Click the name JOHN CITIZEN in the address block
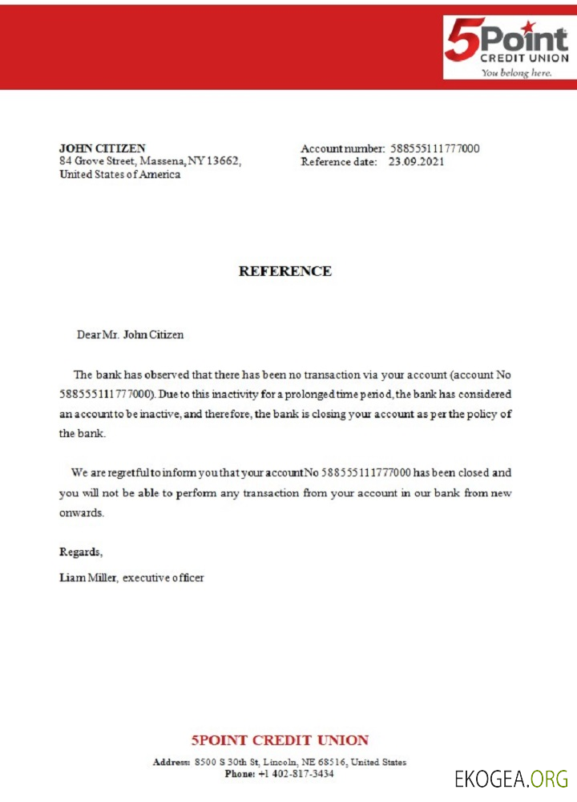103,148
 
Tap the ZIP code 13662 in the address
223,161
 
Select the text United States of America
120,175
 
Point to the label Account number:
343,148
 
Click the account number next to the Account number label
434,148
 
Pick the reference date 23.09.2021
416,161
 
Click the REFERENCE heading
285,271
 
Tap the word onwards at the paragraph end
81,512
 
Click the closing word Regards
81,552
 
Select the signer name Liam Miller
88,577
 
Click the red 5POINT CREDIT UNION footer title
280,740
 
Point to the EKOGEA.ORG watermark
510,779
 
